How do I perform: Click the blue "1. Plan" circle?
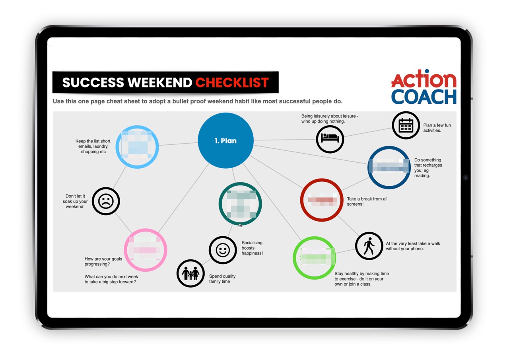[x=225, y=140]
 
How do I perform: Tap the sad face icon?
[x=106, y=201]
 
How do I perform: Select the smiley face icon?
[x=223, y=250]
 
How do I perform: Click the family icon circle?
[x=190, y=273]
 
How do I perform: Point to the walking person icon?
[x=369, y=246]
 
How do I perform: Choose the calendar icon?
[x=406, y=125]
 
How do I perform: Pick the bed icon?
[x=330, y=139]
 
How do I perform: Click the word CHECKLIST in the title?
[x=232, y=82]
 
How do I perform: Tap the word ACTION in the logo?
[x=424, y=80]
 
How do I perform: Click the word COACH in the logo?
[x=424, y=97]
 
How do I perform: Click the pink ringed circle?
[x=146, y=250]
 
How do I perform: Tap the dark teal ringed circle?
[x=240, y=204]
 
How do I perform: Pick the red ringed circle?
[x=321, y=200]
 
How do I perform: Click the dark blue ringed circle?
[x=389, y=167]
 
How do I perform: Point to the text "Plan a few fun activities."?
[x=437, y=128]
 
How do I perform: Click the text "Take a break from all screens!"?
[x=367, y=202]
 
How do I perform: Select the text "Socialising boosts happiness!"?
[x=252, y=248]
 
